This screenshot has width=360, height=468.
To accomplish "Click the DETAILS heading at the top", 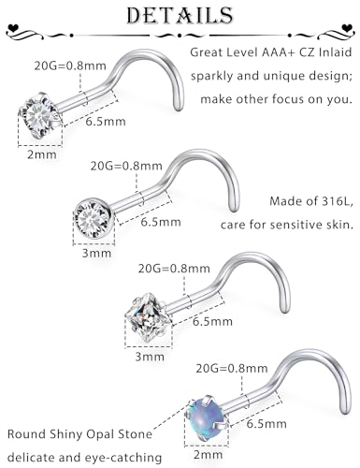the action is click(x=180, y=15).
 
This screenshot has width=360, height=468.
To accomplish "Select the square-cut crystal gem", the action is click(x=148, y=316).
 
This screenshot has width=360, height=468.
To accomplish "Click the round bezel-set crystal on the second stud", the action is click(x=93, y=217).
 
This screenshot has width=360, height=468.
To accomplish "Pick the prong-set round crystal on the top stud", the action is click(x=38, y=115).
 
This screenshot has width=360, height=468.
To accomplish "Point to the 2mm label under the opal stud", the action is click(x=208, y=454).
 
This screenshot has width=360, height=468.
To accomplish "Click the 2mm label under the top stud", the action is click(x=41, y=154).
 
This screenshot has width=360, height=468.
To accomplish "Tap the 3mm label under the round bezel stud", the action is click(x=96, y=253).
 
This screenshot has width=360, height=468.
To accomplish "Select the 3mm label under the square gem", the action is click(x=150, y=357).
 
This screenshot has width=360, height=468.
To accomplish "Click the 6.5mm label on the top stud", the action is click(x=106, y=122).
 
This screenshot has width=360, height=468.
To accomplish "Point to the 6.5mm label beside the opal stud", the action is click(x=266, y=424).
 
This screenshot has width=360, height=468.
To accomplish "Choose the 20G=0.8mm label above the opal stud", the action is click(x=232, y=369).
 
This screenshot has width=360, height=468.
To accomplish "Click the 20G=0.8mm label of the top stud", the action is click(x=70, y=66).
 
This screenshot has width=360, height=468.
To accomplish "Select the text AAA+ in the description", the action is click(x=278, y=52).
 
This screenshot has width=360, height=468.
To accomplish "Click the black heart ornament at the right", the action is click(x=347, y=27).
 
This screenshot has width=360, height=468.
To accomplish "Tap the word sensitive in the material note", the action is click(x=301, y=225).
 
